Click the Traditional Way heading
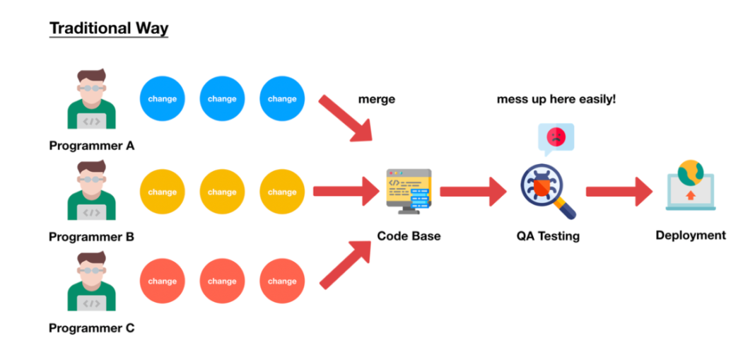[108, 29]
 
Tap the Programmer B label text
[91, 237]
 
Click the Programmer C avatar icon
[91, 282]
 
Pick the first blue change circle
[163, 99]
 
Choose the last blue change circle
[282, 99]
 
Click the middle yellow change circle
[222, 192]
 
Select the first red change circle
[163, 281]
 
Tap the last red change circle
[282, 281]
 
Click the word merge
[377, 100]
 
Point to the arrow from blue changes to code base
[346, 117]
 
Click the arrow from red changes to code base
[346, 264]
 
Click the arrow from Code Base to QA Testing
[474, 191]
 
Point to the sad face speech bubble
[556, 137]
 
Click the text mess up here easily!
[556, 100]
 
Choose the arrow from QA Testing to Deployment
[619, 191]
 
